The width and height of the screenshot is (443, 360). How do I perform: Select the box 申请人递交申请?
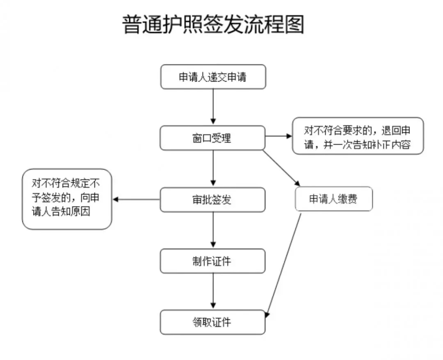tap(213, 77)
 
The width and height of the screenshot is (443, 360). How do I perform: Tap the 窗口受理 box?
tap(213, 138)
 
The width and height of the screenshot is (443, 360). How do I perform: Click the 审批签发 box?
tap(213, 200)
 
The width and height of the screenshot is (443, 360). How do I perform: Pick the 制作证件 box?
tap(213, 261)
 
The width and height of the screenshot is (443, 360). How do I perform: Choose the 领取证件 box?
tap(213, 322)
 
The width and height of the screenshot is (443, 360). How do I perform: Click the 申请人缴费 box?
tap(333, 200)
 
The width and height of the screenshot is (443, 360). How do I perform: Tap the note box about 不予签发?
tap(67, 199)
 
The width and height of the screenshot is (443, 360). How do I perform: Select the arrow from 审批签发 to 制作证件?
tap(213, 230)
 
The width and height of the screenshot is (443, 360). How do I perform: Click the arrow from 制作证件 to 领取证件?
tap(213, 291)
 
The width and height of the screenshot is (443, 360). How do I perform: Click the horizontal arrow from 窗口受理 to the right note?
tap(279, 136)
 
